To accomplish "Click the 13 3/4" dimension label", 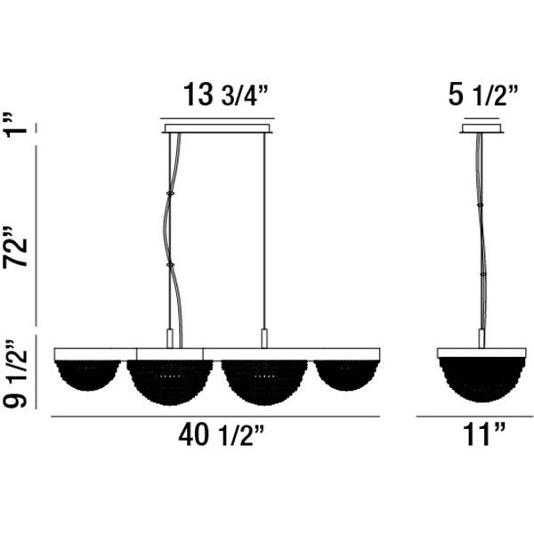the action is point(226,94).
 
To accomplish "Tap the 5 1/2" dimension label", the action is point(483,94).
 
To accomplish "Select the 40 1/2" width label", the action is point(222,434).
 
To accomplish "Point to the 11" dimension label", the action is point(483,434).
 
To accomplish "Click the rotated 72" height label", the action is point(16,247).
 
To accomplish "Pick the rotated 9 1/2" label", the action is point(15,374).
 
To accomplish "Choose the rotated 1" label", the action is point(15,124).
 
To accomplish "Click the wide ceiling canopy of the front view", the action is point(218,128).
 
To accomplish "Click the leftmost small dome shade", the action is point(88,376).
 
